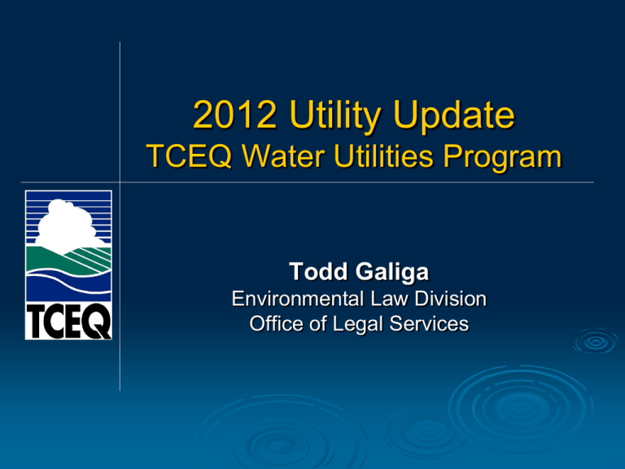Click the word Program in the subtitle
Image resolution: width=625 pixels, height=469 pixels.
click(504, 158)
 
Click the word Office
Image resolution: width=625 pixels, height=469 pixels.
click(275, 323)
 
